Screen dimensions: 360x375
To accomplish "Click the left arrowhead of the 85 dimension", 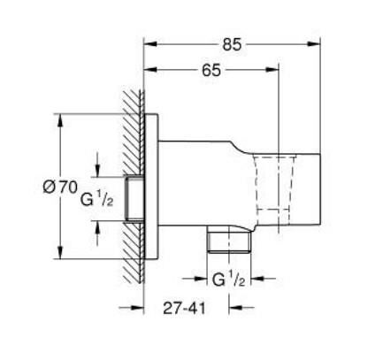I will pos(149,43).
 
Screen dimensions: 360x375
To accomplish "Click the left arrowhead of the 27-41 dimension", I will pos(136,309).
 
